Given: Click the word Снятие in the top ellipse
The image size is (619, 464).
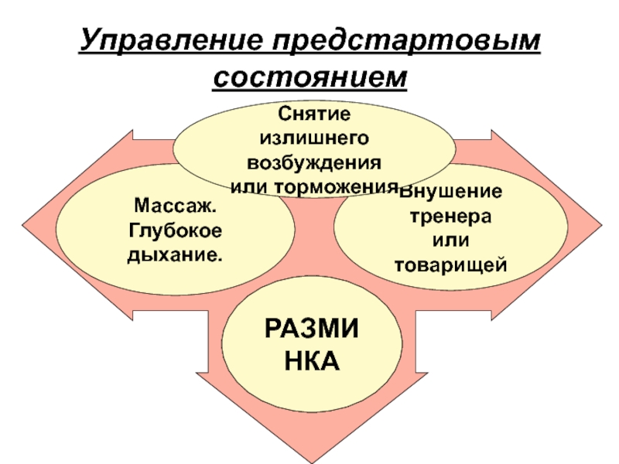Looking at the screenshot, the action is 313,114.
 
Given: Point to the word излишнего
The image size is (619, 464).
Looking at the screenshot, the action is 313,138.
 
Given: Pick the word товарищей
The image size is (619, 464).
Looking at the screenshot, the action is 451,265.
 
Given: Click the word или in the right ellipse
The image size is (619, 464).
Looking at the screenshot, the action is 451,241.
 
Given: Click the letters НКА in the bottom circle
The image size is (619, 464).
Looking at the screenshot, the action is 312,360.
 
